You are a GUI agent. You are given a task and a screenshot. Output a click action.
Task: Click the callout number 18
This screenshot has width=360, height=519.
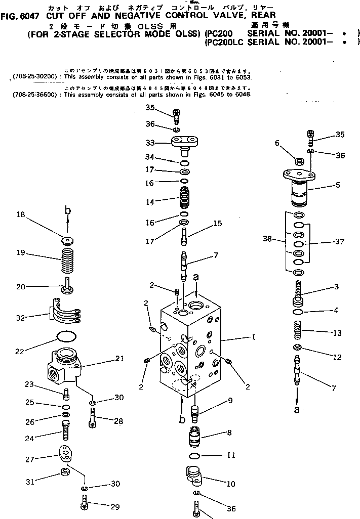point(20,214)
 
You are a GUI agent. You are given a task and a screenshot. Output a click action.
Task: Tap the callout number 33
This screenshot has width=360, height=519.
point(150,143)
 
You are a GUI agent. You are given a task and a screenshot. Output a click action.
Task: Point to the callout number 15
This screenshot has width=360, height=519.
point(217,223)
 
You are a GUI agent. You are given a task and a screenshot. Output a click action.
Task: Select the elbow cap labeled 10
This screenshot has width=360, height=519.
point(195,476)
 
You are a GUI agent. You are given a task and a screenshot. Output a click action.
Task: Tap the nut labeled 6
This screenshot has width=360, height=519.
point(299,162)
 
